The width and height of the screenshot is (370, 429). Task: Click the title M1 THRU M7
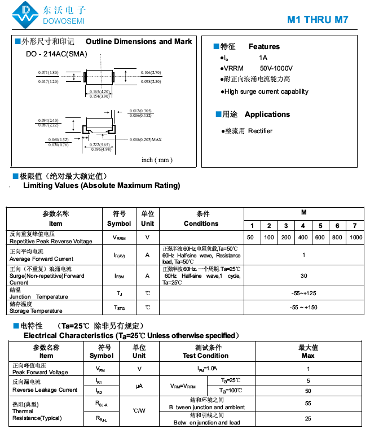click(318, 19)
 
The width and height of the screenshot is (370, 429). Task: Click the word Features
click(264, 46)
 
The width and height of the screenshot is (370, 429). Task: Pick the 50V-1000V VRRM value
click(276, 68)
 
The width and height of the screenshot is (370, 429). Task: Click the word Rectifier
click(260, 131)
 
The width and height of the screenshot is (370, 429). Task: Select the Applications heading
click(267, 114)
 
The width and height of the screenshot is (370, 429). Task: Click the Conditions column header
click(201, 224)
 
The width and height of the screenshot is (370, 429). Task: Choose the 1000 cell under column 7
click(355, 238)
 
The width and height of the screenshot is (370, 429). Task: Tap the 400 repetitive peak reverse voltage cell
click(303, 238)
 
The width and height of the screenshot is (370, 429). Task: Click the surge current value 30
click(303, 276)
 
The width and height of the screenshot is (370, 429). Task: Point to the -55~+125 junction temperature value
click(303, 294)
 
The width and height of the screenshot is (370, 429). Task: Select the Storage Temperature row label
click(36, 310)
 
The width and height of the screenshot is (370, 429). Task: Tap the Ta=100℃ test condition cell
click(231, 391)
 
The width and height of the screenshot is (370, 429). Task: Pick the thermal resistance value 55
click(308, 404)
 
